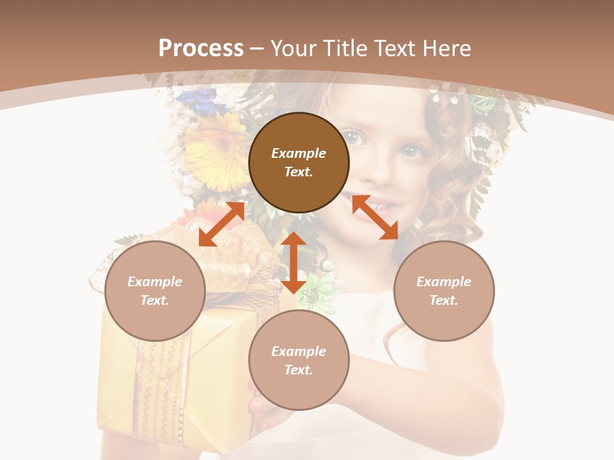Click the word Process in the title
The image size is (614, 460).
[x=201, y=49]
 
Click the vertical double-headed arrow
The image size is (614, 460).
[x=294, y=263]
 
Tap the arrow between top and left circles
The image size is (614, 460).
[x=221, y=224]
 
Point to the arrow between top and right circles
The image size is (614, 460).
[x=375, y=217]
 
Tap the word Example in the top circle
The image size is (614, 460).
[x=299, y=153]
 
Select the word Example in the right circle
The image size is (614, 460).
[x=444, y=282]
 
